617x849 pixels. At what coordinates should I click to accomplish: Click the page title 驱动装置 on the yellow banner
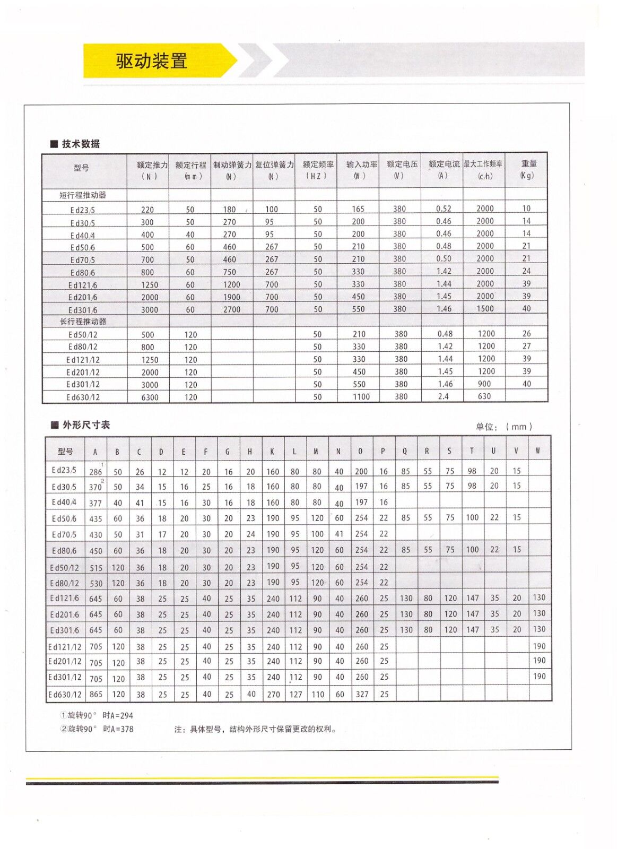152,61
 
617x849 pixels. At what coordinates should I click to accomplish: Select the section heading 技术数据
81,144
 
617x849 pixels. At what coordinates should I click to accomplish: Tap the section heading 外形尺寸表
86,425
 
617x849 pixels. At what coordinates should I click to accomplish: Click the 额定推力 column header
152,165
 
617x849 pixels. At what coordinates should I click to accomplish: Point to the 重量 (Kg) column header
527,169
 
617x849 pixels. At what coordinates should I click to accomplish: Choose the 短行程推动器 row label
83,195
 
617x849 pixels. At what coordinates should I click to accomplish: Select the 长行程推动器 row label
83,322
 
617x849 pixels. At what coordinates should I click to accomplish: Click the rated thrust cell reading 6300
150,397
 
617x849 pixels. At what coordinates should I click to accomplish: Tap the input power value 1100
361,397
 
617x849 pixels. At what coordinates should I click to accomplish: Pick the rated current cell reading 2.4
443,396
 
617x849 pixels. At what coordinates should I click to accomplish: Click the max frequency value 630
484,396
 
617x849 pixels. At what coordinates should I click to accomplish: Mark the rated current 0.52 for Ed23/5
444,209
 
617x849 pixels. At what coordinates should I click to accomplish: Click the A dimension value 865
95,695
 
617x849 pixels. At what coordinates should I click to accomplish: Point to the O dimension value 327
362,695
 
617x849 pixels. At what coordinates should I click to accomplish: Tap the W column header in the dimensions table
538,451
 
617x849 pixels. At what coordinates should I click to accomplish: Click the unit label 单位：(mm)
503,427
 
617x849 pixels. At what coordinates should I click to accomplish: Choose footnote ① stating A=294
97,716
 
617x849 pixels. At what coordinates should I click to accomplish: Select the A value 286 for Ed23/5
95,472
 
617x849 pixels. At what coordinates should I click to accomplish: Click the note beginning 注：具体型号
255,730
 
